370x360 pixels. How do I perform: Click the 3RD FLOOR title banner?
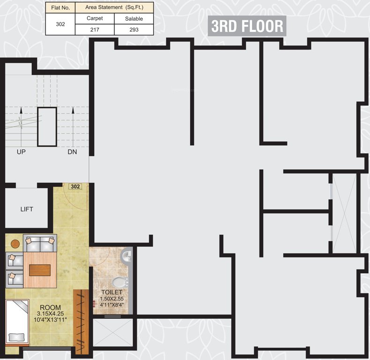pyautogui.click(x=247, y=26)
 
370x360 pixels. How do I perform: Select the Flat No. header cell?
pyautogui.click(x=60, y=7)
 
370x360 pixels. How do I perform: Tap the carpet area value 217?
pyautogui.click(x=95, y=29)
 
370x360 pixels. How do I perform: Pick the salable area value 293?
pyautogui.click(x=133, y=29)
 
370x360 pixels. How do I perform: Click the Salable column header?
pyautogui.click(x=133, y=19)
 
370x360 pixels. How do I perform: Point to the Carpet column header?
pyautogui.click(x=95, y=18)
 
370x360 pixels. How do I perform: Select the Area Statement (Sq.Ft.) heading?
pyautogui.click(x=114, y=7)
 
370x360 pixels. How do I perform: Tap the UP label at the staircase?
pyautogui.click(x=21, y=152)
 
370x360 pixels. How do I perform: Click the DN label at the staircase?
pyautogui.click(x=72, y=152)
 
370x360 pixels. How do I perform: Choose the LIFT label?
pyautogui.click(x=27, y=209)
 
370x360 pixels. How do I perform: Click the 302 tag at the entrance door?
pyautogui.click(x=75, y=186)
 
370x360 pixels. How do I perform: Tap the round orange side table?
pyautogui.click(x=15, y=244)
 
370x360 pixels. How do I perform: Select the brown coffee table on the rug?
pyautogui.click(x=40, y=270)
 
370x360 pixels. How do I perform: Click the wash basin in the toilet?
pyautogui.click(x=127, y=256)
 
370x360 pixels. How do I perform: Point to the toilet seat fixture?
pyautogui.click(x=120, y=282)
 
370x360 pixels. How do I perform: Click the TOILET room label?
pyautogui.click(x=112, y=292)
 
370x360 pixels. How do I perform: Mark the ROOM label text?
pyautogui.click(x=50, y=307)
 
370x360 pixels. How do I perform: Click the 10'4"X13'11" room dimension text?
pyautogui.click(x=50, y=320)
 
